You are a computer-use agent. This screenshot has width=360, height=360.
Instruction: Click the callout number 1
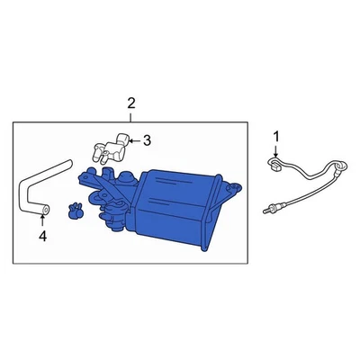[x=277, y=135]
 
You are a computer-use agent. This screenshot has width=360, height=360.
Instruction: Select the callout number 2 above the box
[x=131, y=103]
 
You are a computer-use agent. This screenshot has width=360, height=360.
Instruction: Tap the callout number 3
[x=148, y=139]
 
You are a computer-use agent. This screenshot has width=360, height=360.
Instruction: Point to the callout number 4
[x=41, y=237]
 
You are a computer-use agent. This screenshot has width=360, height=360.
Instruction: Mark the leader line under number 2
[x=131, y=116]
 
